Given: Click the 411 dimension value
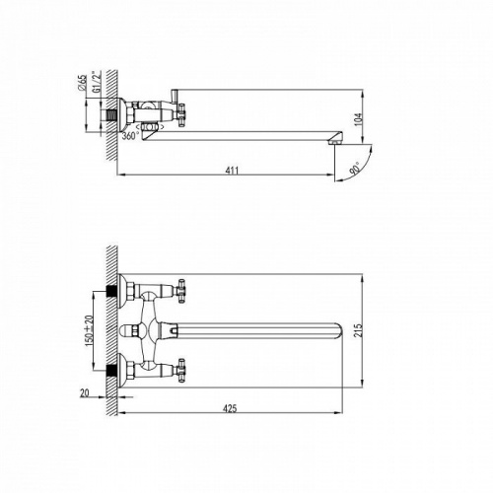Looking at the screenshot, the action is tap(232, 171).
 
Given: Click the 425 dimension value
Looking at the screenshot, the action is tap(230, 408).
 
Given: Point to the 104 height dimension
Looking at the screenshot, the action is tap(359, 119).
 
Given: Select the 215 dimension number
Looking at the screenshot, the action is tap(359, 330).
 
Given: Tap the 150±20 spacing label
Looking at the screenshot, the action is tap(89, 330).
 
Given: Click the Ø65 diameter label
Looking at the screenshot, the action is tap(83, 83).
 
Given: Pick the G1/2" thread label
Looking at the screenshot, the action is tap(97, 82).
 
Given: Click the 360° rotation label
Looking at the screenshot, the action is tap(130, 135).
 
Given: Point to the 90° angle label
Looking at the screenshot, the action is tap(354, 168).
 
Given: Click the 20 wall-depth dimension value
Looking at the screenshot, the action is tap(85, 392).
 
